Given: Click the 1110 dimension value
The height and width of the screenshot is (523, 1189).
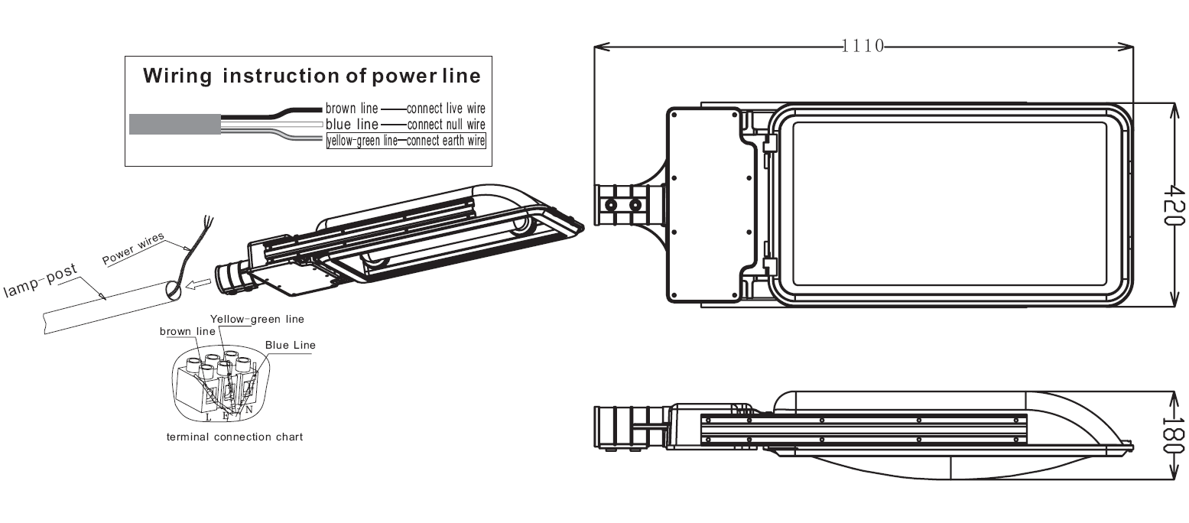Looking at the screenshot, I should click(863, 46).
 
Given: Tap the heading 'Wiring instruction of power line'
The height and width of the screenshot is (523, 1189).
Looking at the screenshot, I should click(312, 76).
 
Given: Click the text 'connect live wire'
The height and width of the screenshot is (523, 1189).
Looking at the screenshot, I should click(446, 109).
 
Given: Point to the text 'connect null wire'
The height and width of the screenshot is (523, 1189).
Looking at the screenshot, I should click(446, 124).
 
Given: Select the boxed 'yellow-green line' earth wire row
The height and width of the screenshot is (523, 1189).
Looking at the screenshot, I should click(406, 141).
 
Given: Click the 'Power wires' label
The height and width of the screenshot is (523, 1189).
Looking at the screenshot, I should click(133, 250).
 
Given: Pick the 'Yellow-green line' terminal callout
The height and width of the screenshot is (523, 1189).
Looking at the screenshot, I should click(257, 319).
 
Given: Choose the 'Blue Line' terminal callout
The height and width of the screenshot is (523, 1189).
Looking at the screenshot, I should click(290, 345).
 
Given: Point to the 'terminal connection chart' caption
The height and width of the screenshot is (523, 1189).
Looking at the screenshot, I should click(235, 437).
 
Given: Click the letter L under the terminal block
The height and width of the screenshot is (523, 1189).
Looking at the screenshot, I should click(209, 417).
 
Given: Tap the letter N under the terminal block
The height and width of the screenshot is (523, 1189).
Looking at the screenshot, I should click(249, 411).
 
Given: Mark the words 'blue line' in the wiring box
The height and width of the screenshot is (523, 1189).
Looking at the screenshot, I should click(352, 124).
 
